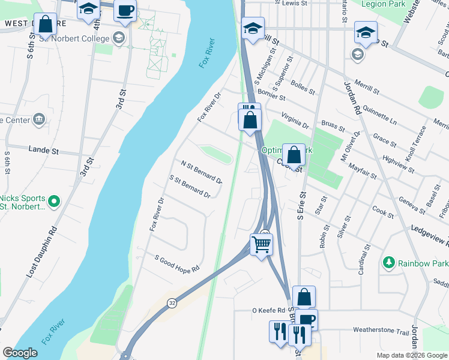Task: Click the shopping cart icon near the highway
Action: [261, 244]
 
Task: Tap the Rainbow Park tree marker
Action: [389, 263]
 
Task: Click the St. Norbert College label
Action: [74, 38]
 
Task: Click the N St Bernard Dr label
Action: [201, 172]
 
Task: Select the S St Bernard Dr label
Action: [190, 187]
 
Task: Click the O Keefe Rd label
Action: [267, 311]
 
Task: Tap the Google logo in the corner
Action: [20, 353]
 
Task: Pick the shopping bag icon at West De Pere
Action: [45, 25]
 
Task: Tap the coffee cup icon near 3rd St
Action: [125, 11]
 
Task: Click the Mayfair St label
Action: [362, 170]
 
